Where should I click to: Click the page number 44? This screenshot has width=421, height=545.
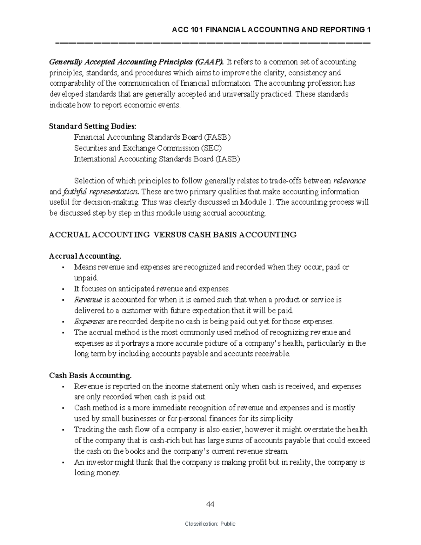tap(210, 505)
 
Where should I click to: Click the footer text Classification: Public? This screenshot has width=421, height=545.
tap(210, 524)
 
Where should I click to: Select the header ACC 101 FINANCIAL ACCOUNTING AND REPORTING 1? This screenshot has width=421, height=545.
tap(272, 30)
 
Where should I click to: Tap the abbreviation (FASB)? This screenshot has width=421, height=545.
tap(218, 137)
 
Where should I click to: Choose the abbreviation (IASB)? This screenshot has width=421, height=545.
tap(228, 159)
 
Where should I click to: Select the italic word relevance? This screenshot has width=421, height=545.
tap(349, 181)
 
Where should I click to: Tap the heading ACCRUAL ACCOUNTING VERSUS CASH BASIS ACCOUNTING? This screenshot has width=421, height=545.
tap(173, 235)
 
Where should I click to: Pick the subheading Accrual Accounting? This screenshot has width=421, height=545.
tap(85, 256)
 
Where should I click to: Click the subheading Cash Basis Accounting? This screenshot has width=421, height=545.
tap(90, 375)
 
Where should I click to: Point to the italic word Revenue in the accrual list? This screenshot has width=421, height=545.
tap(88, 300)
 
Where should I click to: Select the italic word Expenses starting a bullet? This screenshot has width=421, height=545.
tap(89, 321)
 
